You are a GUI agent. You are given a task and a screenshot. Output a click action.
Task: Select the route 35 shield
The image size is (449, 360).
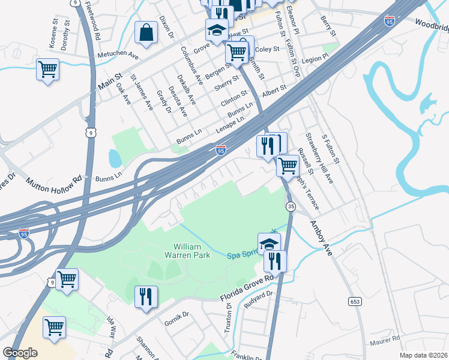tap(291, 206)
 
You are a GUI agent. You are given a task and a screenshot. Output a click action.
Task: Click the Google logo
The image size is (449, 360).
tap(20, 353)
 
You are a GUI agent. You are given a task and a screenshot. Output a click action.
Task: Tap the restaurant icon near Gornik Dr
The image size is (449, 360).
tap(146, 297)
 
